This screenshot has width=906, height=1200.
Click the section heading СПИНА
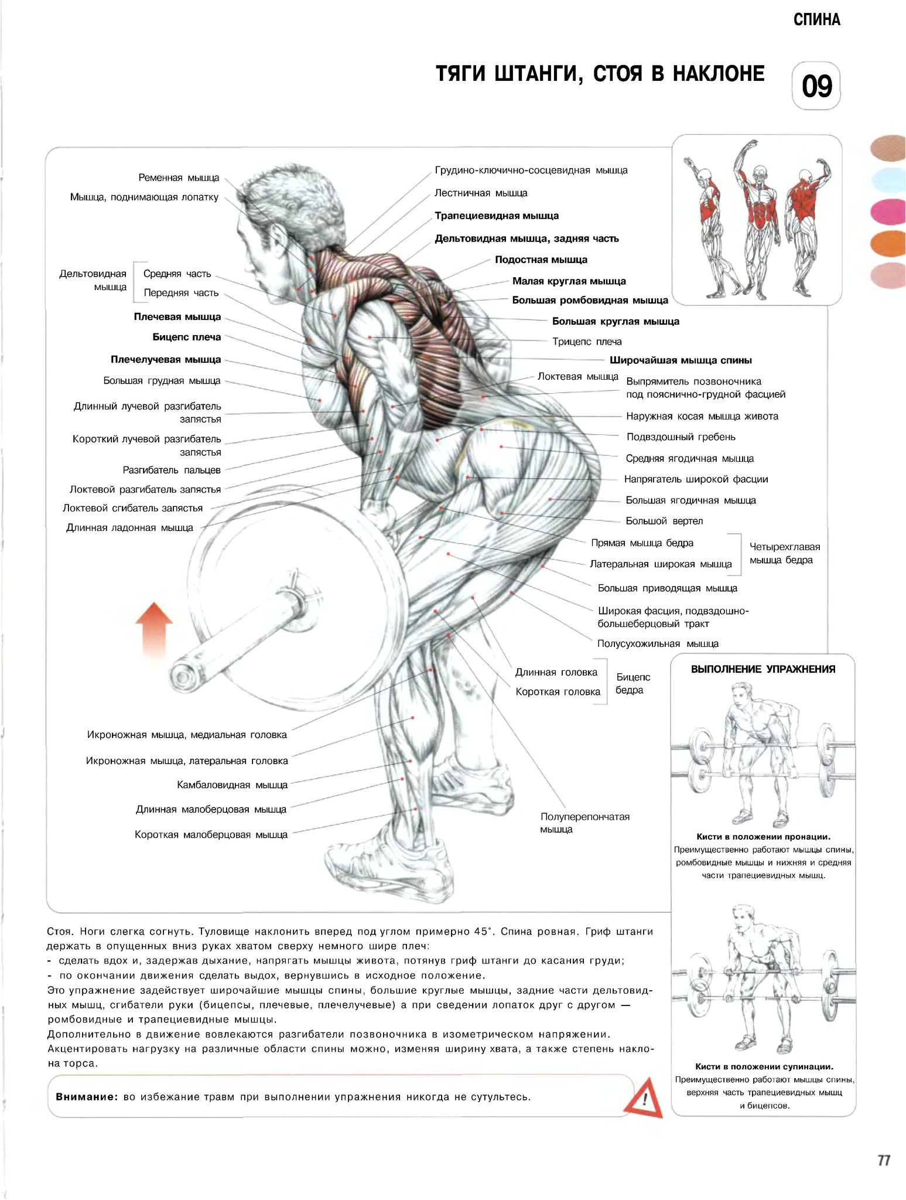(816, 20)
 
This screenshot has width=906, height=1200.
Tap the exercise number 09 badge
(816, 86)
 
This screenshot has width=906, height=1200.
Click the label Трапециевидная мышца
(497, 216)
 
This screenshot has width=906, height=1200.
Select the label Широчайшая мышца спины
(681, 360)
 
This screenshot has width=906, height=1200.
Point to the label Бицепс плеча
(187, 337)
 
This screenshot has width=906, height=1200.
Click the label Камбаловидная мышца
(232, 785)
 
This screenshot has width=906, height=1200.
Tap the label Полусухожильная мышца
(658, 644)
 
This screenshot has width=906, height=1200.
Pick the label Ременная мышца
(179, 178)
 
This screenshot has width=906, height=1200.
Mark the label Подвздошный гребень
(681, 437)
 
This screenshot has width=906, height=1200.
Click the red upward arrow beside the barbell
(154, 630)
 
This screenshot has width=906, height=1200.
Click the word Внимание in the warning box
(87, 1097)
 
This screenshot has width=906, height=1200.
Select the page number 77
(884, 1161)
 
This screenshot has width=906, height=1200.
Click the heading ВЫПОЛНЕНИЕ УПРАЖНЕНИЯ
(763, 669)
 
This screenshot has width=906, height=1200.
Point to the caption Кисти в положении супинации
(764, 1067)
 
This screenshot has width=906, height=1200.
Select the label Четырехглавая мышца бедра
(785, 554)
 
